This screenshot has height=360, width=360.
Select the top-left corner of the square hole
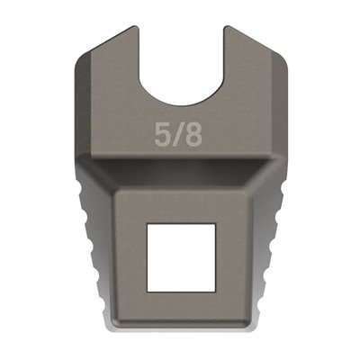click(x=148, y=223)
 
